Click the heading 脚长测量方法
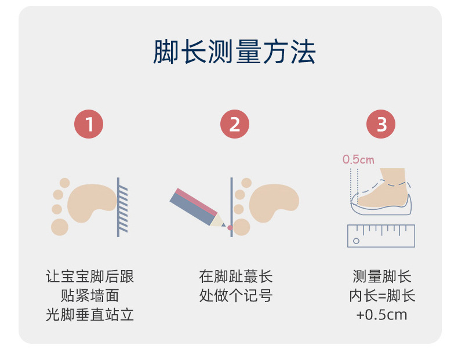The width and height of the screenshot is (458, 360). (234, 52)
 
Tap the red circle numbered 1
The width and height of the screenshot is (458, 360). (89, 124)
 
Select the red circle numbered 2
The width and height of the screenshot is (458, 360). (235, 124)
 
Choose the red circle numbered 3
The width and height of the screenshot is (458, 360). (381, 124)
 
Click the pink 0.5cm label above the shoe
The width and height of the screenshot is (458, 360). (358, 159)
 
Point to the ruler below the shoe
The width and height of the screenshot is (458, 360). (381, 236)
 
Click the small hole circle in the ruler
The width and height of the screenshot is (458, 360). (356, 241)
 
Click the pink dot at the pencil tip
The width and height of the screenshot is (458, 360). (230, 228)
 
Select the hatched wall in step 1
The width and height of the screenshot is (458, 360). (122, 207)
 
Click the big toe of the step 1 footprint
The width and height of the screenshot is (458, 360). (60, 227)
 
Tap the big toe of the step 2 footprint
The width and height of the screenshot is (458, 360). (242, 227)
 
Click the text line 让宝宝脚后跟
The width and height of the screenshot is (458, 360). (90, 277)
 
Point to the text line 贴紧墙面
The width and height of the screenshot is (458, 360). (90, 296)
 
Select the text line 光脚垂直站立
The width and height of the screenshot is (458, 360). (90, 315)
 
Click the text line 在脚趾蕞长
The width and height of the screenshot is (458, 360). (236, 277)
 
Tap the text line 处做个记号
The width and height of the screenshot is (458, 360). (236, 296)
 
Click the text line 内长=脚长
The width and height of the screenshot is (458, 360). (382, 296)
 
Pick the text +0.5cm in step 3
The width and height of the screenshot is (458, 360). (382, 315)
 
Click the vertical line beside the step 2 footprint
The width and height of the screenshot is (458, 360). (232, 207)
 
